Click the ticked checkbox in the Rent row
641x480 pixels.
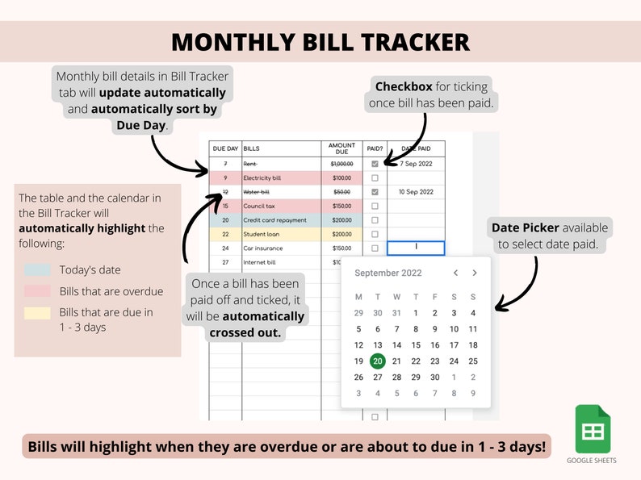(x=375, y=164)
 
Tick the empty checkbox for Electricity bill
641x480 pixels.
(x=375, y=177)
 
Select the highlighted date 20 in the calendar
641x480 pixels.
(x=377, y=361)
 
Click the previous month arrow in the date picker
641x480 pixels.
(x=455, y=273)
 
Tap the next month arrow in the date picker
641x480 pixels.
(x=473, y=273)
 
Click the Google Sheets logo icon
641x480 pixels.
(x=593, y=429)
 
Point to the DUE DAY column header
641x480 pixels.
(x=225, y=149)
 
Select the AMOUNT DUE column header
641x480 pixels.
(x=341, y=149)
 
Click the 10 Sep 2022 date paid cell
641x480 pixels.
(x=417, y=192)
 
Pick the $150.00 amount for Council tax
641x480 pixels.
(x=341, y=206)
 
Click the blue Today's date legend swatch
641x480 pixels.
(x=38, y=269)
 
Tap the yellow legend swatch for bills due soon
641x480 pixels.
(x=38, y=312)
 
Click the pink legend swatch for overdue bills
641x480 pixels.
(x=38, y=291)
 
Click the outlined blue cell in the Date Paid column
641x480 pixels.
(x=417, y=248)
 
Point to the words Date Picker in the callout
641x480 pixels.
(x=526, y=227)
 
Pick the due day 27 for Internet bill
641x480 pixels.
(x=225, y=262)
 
